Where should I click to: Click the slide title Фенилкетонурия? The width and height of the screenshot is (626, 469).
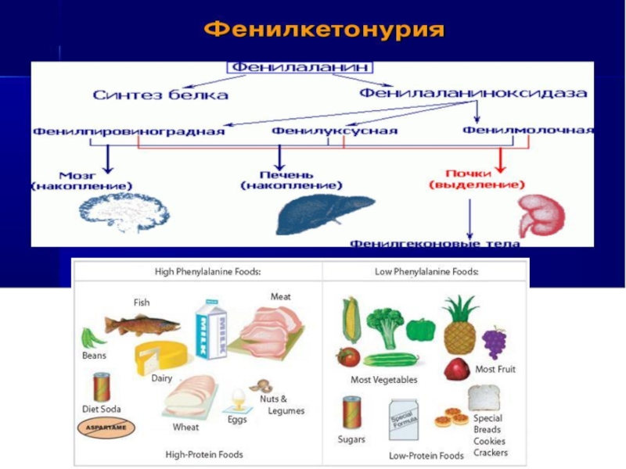(x=324, y=31)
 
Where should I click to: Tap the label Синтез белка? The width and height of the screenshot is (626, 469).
(x=160, y=95)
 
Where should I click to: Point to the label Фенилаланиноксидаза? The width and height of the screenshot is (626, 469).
(x=473, y=93)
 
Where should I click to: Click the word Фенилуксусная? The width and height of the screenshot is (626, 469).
(x=335, y=131)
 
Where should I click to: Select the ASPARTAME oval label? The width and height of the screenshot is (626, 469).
(x=106, y=428)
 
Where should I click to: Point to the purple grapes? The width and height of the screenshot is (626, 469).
(x=494, y=342)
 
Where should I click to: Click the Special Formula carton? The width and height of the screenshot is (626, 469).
(x=405, y=421)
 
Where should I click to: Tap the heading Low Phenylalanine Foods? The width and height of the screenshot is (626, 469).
(x=426, y=271)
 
